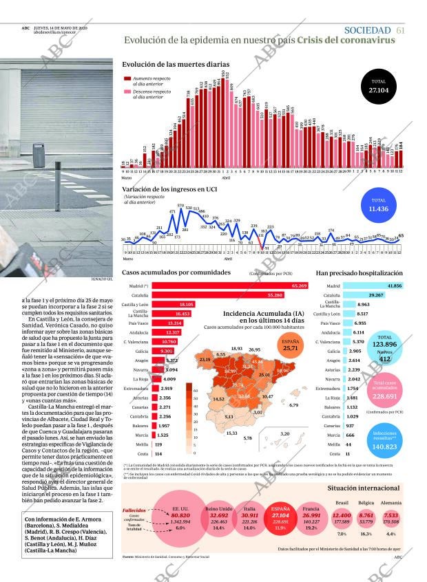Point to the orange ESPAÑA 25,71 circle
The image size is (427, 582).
point(291,347)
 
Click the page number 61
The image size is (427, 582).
point(401,30)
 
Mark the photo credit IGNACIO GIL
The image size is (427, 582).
point(101,279)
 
